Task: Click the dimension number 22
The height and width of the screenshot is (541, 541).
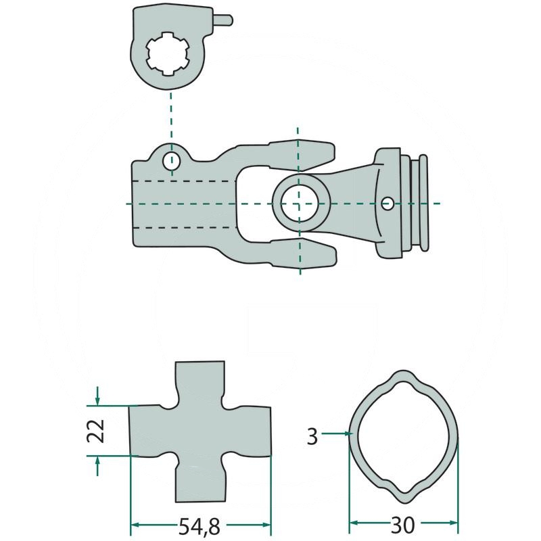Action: pyautogui.click(x=97, y=430)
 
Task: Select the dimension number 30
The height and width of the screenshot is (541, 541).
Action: pyautogui.click(x=404, y=525)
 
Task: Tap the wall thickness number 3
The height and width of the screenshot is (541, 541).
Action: pyautogui.click(x=312, y=436)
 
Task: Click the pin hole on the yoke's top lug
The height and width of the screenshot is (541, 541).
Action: pyautogui.click(x=172, y=162)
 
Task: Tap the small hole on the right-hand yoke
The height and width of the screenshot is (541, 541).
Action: pyautogui.click(x=387, y=203)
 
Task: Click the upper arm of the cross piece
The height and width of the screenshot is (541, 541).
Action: pyautogui.click(x=199, y=382)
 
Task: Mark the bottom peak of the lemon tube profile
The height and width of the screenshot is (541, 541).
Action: pyautogui.click(x=404, y=498)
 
